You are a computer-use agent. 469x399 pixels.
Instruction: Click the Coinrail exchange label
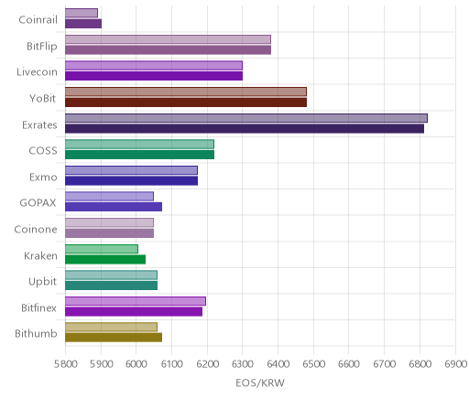38,20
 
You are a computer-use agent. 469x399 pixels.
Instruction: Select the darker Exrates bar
245,129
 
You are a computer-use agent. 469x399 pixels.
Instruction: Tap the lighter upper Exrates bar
246,118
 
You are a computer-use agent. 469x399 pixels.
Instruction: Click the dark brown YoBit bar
186,102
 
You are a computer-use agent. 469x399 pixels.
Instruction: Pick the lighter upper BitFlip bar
168,39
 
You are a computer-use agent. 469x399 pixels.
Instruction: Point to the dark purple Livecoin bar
154,76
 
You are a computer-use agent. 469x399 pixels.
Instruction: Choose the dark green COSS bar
139,155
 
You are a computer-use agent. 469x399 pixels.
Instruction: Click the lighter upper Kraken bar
102,249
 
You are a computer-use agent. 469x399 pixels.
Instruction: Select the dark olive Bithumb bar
114,338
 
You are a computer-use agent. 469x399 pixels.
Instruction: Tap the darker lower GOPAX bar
114,207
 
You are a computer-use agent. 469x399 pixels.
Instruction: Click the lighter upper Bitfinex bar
136,301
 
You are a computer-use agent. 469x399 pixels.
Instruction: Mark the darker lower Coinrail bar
83,24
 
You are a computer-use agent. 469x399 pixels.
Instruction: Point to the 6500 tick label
313,364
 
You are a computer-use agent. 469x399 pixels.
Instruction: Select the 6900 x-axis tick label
455,364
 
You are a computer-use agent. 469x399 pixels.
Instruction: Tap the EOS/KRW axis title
260,383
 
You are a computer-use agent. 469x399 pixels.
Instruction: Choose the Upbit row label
42,282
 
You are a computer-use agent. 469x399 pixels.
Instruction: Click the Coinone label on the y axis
36,229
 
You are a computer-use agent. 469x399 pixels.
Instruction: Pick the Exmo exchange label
43,178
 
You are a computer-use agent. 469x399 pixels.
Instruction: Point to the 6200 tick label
207,364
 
